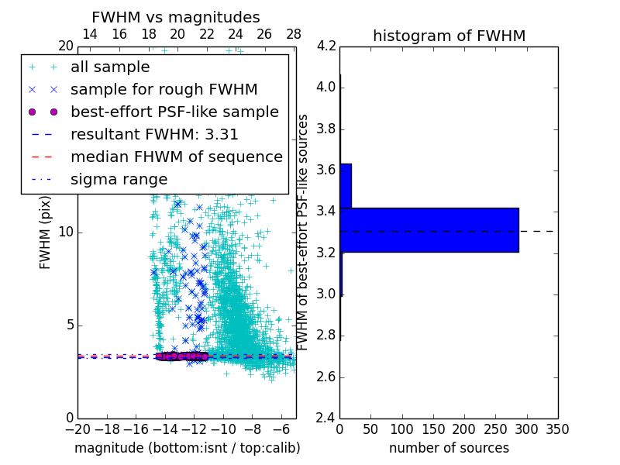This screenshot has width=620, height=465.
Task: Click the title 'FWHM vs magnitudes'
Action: coord(176,17)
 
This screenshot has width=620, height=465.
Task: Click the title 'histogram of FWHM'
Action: coord(449,36)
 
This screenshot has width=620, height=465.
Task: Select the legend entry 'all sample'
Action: coord(110,67)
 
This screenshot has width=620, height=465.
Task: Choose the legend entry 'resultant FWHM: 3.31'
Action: coord(154,134)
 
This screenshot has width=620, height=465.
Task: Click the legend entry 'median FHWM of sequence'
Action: coord(176,157)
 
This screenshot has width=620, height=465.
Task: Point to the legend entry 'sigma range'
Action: coord(119,179)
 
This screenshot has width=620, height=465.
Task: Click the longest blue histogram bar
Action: coord(429,230)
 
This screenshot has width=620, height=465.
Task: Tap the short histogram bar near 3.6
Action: coord(346,185)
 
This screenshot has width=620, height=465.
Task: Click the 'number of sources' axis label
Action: coord(449,448)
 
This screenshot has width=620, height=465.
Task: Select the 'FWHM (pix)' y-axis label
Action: coord(46,232)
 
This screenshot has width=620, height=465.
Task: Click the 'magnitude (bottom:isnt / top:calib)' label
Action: coord(187,448)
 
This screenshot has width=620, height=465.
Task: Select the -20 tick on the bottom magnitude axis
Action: coord(77,429)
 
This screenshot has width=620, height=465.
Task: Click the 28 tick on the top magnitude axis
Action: coord(294,34)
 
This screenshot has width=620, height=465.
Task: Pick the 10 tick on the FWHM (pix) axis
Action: coord(67,232)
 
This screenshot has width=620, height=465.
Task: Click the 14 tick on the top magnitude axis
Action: coord(90,34)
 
